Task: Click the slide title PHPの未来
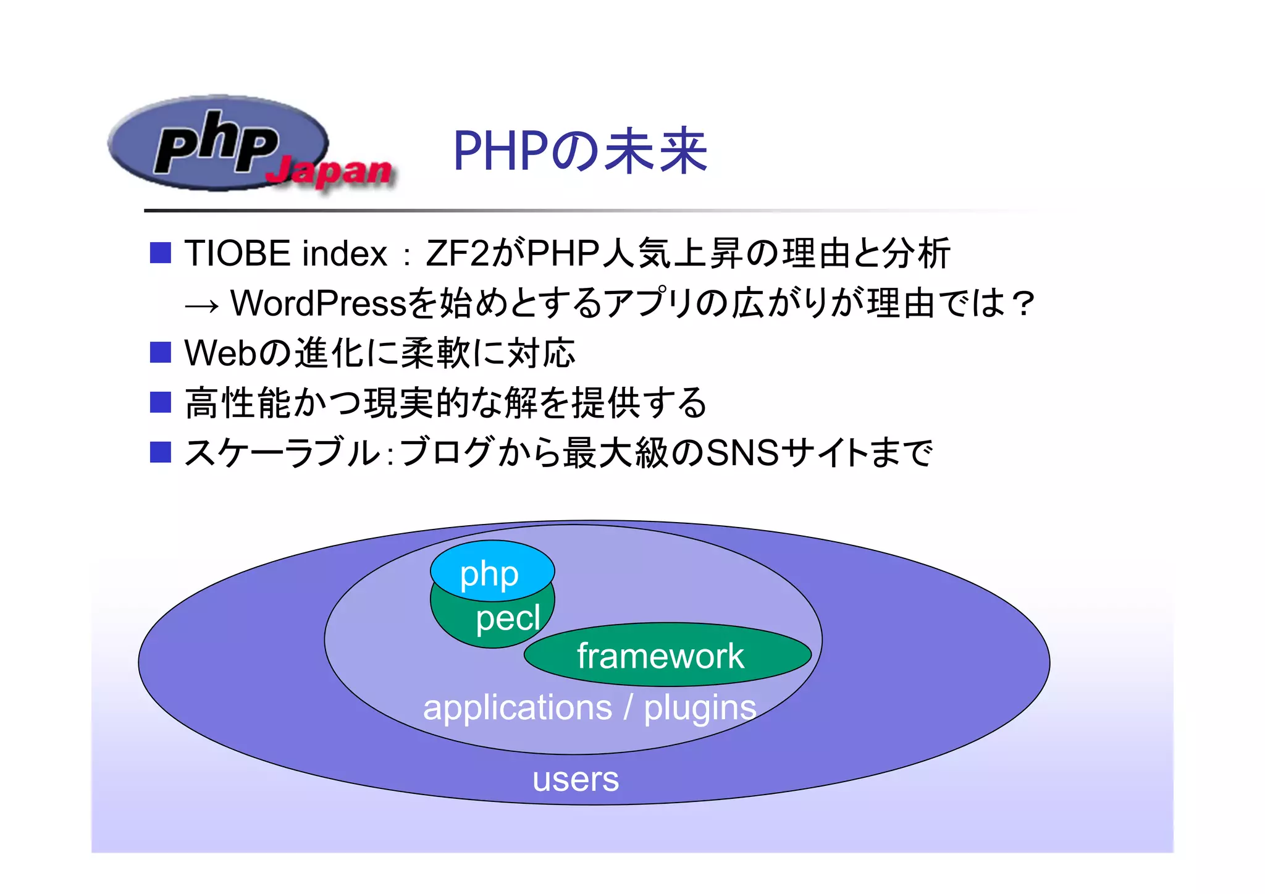point(579,151)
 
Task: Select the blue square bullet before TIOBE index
point(161,253)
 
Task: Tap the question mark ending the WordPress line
point(1023,303)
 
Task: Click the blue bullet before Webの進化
point(161,353)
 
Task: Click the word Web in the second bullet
point(219,353)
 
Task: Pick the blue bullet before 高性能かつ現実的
point(161,403)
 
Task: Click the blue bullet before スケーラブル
point(161,452)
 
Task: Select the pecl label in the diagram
point(508,618)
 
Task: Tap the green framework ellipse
point(666,655)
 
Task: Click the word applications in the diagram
point(518,707)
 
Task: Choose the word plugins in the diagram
point(700,707)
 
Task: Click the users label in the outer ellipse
point(576,779)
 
